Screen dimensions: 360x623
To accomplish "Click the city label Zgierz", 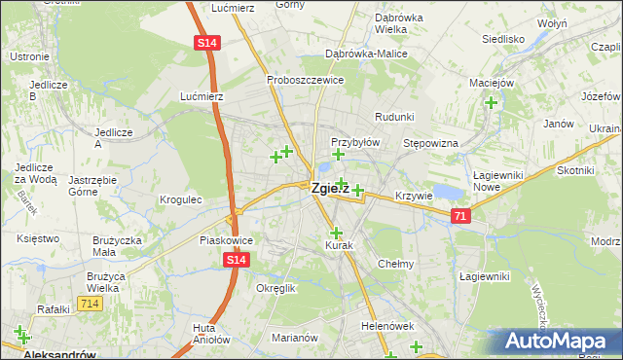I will pos(329,189).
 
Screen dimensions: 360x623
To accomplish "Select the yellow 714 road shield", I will pos(91,305).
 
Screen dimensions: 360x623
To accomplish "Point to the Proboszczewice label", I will pos(306,80).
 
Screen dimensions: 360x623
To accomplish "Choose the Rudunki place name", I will pos(394,116).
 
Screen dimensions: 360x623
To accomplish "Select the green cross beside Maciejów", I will pos(492,102).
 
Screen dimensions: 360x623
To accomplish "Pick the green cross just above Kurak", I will pos(337,233).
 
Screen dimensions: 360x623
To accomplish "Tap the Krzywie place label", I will pos(414,196).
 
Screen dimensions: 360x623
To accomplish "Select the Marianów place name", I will pos(295,338).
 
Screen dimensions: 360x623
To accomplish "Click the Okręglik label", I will pos(275,289).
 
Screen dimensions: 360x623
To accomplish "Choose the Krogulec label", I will pos(180,199).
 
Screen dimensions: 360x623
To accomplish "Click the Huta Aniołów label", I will pos(210,334).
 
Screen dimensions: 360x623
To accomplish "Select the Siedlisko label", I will pos(503,40).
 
